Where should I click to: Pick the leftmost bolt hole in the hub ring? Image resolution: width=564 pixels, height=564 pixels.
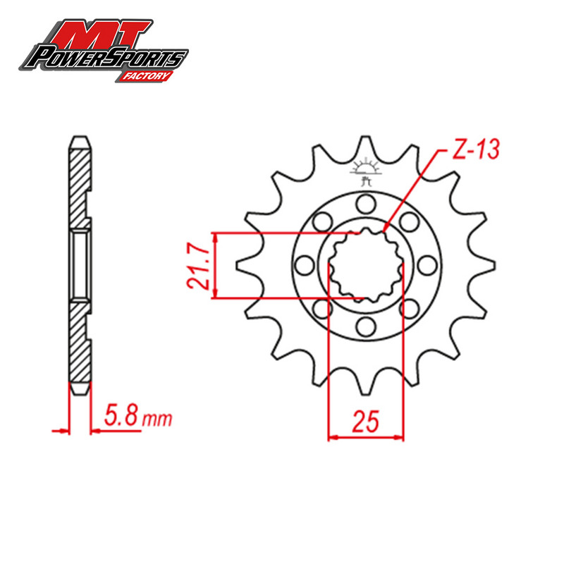305,266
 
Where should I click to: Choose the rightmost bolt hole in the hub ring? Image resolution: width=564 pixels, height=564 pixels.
427,266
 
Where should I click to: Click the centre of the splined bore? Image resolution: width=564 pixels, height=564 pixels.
366,266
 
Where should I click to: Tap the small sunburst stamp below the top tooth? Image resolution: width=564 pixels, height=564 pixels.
365,170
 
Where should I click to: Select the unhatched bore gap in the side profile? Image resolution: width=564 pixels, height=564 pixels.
80,265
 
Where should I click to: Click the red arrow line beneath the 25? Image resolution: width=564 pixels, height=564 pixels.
366,437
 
